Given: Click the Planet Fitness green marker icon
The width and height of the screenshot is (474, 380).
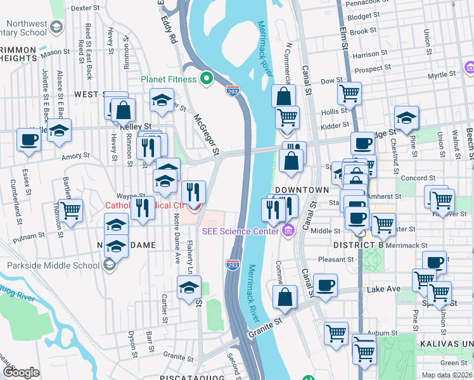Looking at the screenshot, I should (x=206, y=79).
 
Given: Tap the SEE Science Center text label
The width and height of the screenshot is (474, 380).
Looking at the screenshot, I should (x=240, y=231).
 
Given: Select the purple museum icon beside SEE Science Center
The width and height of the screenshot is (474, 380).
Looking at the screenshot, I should (x=289, y=229).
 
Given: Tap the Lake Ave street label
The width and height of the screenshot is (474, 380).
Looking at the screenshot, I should (x=383, y=289).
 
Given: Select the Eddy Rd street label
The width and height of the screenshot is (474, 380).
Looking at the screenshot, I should (x=169, y=28).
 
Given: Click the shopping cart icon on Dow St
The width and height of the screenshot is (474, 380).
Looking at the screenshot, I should (x=349, y=94).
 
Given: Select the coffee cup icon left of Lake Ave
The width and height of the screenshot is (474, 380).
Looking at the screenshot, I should (x=325, y=286).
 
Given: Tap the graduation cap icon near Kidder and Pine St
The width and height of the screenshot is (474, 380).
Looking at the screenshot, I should (x=406, y=118).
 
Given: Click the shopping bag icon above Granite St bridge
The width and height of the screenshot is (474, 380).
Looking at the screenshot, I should (x=285, y=298).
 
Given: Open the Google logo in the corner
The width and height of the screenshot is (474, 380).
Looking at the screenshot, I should (x=21, y=372).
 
